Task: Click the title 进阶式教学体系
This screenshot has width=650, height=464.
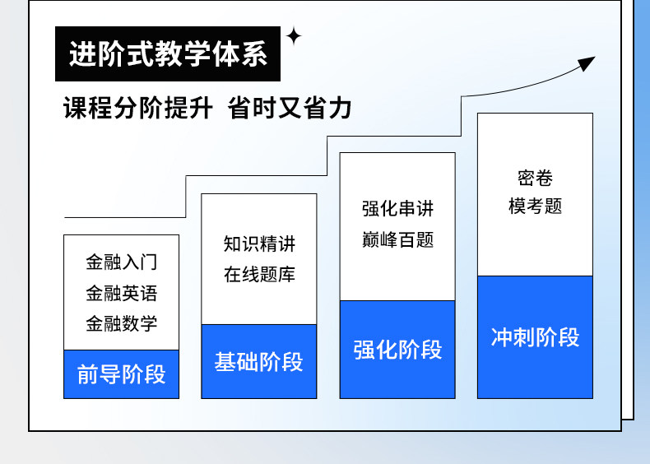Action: coord(168,54)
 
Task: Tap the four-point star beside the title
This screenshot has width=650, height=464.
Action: coord(293,36)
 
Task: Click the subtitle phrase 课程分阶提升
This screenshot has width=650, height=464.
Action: coord(138,109)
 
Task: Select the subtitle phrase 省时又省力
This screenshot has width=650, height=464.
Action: coord(290,109)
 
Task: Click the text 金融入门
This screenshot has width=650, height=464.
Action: coord(121,262)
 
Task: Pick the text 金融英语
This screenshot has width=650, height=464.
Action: coord(121,293)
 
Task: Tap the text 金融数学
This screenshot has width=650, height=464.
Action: coord(121,323)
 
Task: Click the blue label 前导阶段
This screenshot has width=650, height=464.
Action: coord(121,374)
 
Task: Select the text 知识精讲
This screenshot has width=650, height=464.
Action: coord(259,244)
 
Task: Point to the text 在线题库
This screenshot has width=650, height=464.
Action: coord(259,275)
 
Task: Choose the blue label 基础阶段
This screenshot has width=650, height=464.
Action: coord(259,362)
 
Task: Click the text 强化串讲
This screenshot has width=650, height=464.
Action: coord(397,209)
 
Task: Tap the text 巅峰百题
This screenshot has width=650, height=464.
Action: coord(397,239)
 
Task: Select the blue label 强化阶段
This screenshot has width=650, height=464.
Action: coord(397,350)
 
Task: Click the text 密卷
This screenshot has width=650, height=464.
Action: coord(535,178)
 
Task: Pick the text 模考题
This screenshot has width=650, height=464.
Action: coord(535,206)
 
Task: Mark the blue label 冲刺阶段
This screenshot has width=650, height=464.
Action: coord(535,337)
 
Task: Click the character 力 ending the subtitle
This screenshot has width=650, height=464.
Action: coord(340,109)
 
